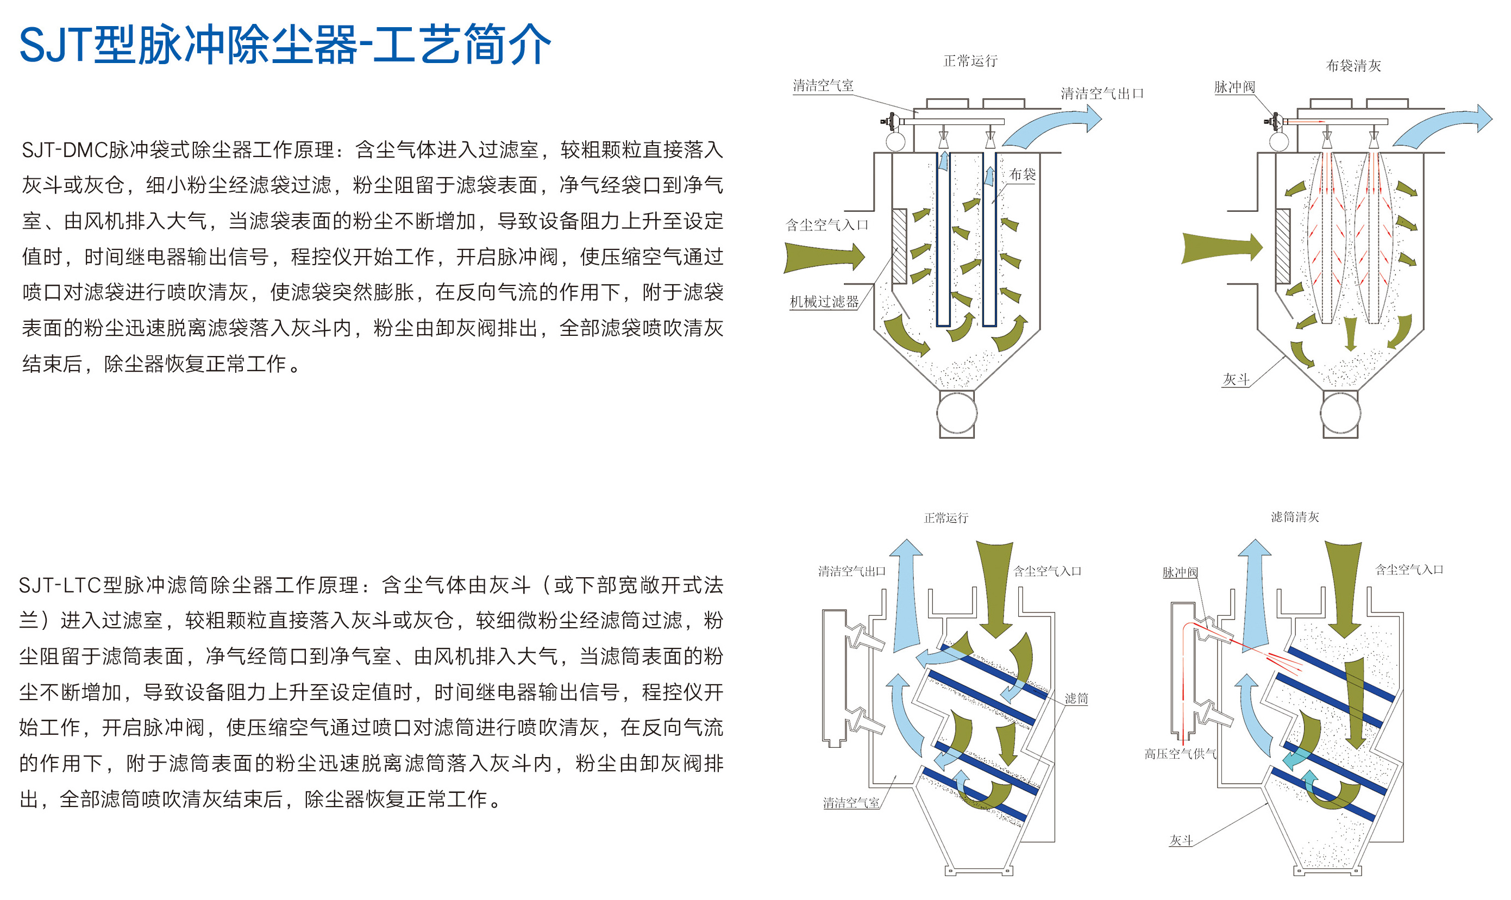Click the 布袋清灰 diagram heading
point(1353,66)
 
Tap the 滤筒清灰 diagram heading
point(1295,517)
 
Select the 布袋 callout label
point(1023,174)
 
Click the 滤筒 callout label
point(1076,699)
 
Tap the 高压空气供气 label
point(1180,754)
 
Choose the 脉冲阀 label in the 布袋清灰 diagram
point(1234,87)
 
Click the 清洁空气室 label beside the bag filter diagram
point(823,86)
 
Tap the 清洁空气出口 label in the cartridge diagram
point(852,571)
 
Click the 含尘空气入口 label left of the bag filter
point(827,226)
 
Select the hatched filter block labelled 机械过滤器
point(899,246)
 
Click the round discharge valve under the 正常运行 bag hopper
point(957,413)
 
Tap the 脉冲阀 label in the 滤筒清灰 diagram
point(1180,572)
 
